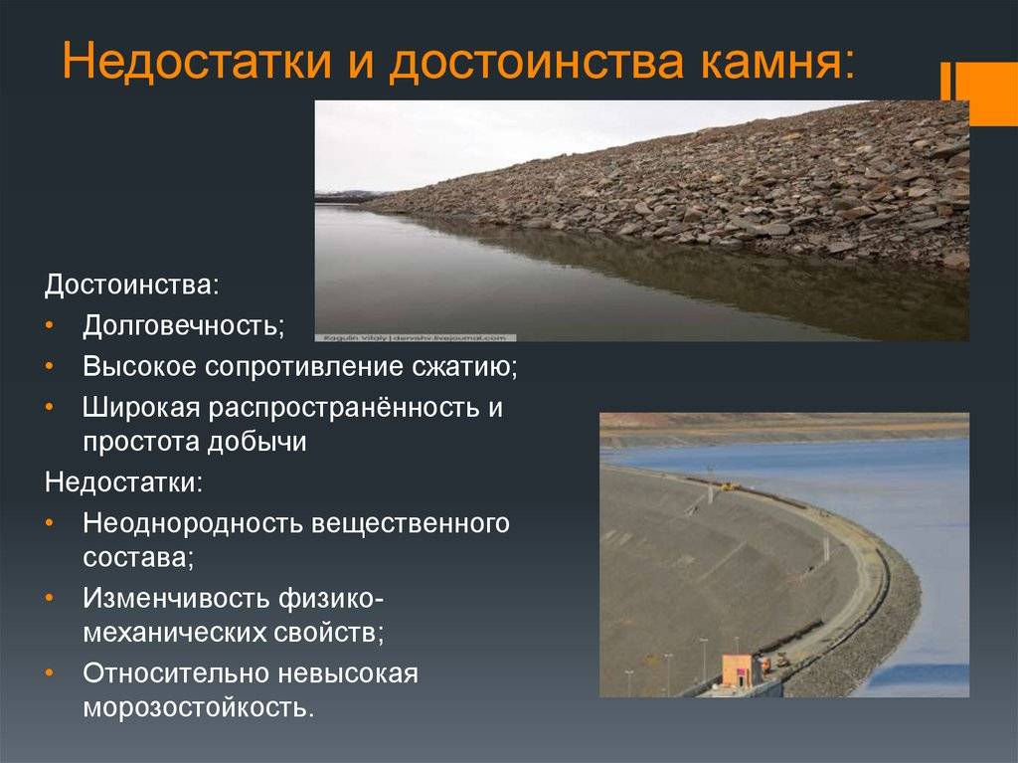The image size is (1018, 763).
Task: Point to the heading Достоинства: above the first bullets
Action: [x=132, y=285]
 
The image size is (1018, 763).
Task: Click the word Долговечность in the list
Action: [x=182, y=325]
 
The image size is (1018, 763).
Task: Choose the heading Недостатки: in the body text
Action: [x=124, y=482]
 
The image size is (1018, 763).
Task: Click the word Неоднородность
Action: [x=192, y=523]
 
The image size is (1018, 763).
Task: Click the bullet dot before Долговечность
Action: [x=51, y=326]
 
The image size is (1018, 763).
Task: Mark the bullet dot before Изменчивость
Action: [x=51, y=599]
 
